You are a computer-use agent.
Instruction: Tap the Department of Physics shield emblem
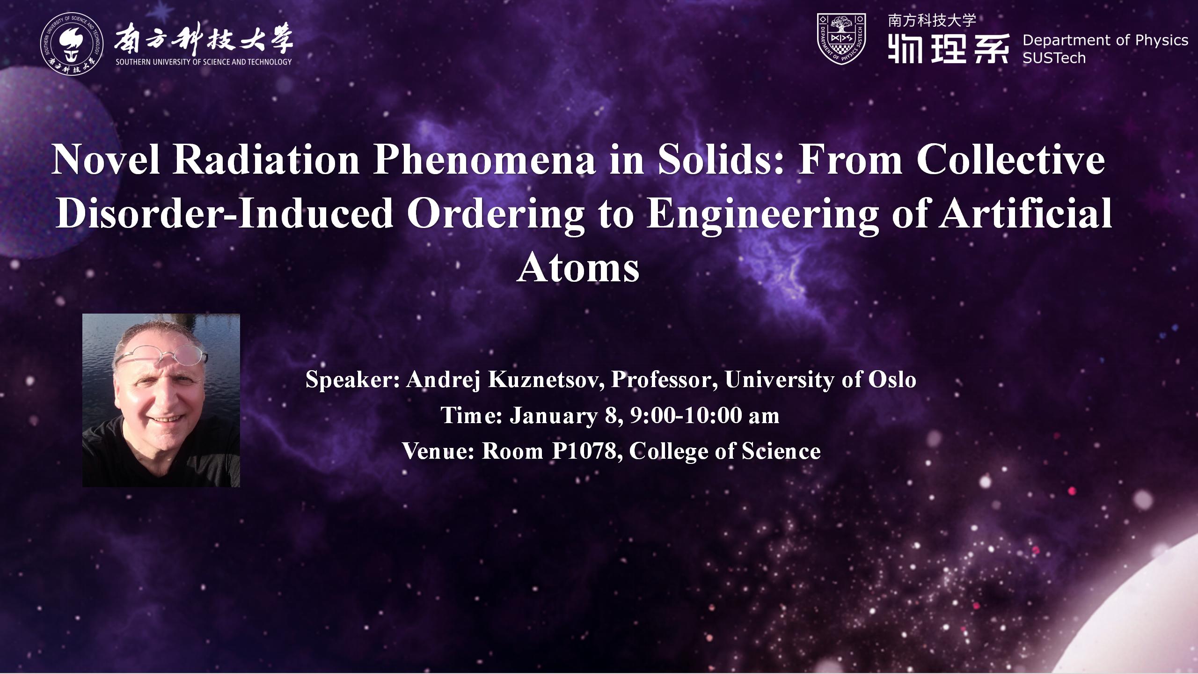(841, 39)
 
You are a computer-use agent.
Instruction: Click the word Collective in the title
(1011, 160)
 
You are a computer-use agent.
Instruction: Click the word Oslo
(892, 380)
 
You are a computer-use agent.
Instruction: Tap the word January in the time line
(553, 416)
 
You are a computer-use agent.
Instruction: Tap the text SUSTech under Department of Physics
(1054, 58)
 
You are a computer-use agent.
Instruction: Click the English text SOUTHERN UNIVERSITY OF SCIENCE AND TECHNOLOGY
(204, 62)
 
